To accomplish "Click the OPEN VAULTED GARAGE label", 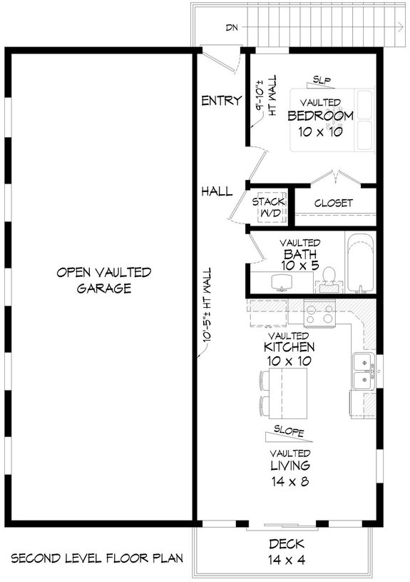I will (x=103, y=280).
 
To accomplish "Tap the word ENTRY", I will (x=221, y=101).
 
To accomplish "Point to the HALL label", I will (x=217, y=191).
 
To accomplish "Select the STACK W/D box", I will (x=269, y=206).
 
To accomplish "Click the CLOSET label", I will (x=333, y=203).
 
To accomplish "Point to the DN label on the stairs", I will (x=231, y=28).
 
